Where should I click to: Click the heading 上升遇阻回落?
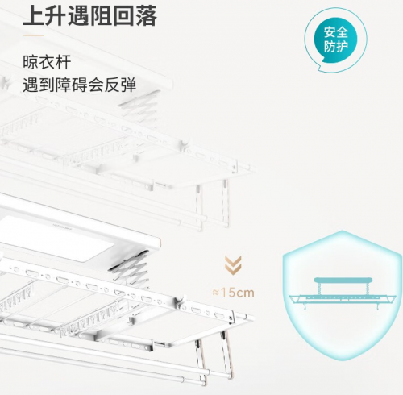coord(89,15)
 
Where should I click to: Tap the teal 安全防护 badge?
coord(336,39)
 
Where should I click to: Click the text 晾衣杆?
coord(47,62)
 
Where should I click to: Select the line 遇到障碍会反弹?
coord(80,85)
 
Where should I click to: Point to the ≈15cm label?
coord(233,293)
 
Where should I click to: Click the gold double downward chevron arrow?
coord(233,265)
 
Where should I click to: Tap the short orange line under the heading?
coord(33,35)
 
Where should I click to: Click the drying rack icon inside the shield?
coord(343,293)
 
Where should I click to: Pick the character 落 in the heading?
coord(147,15)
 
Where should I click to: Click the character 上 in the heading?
coord(33,15)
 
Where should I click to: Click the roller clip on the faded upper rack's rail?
coord(185,144)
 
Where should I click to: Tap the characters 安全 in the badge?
coord(336,32)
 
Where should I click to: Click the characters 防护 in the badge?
coord(336,47)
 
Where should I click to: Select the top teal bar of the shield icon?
coord(343,281)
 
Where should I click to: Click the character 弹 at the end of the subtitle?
coord(128,85)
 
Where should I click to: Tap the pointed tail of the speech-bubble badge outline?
coord(319,69)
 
